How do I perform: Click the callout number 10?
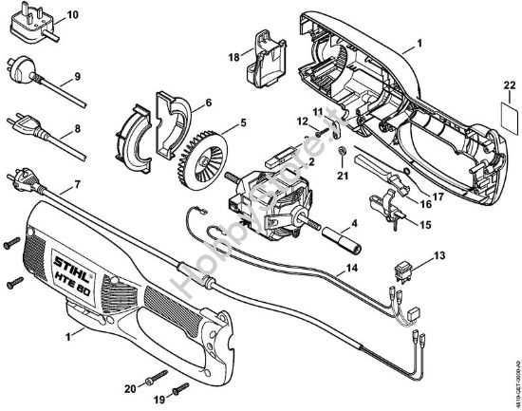click(x=74, y=13)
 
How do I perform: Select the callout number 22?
click(x=508, y=87)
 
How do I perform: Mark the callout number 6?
click(x=208, y=102)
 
